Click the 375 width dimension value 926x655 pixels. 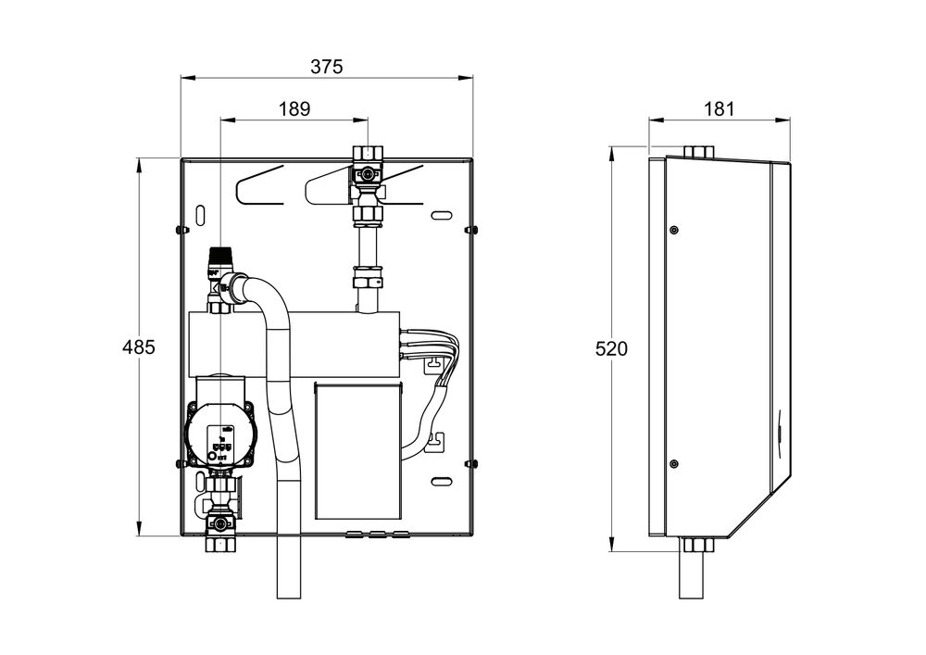pyautogui.click(x=327, y=67)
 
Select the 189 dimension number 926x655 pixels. pyautogui.click(x=294, y=108)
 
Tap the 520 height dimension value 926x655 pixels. pyautogui.click(x=611, y=349)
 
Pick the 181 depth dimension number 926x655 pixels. pyautogui.click(x=719, y=108)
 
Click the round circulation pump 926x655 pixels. pyautogui.click(x=219, y=433)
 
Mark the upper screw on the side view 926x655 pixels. pyautogui.click(x=673, y=229)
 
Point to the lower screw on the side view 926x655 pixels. pyautogui.click(x=673, y=463)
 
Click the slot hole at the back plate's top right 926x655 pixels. pyautogui.click(x=442, y=215)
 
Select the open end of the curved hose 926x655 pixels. pyautogui.click(x=289, y=593)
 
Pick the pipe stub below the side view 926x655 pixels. pyautogui.click(x=695, y=574)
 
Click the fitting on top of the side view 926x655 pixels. pyautogui.click(x=697, y=151)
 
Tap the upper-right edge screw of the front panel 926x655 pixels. pyautogui.click(x=469, y=229)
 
